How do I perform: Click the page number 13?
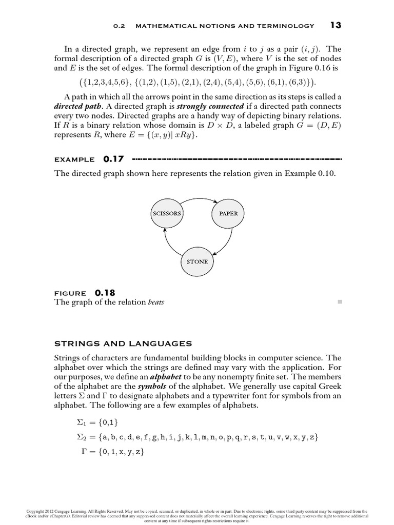(336, 25)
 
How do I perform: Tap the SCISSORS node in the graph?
(167, 213)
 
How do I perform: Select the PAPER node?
(228, 213)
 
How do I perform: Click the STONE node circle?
(198, 261)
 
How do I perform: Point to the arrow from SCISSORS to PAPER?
(198, 198)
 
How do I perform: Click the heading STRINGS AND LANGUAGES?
(123, 343)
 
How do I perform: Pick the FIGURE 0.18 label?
(85, 293)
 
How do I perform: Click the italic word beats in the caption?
(156, 302)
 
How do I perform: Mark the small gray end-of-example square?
(339, 302)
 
